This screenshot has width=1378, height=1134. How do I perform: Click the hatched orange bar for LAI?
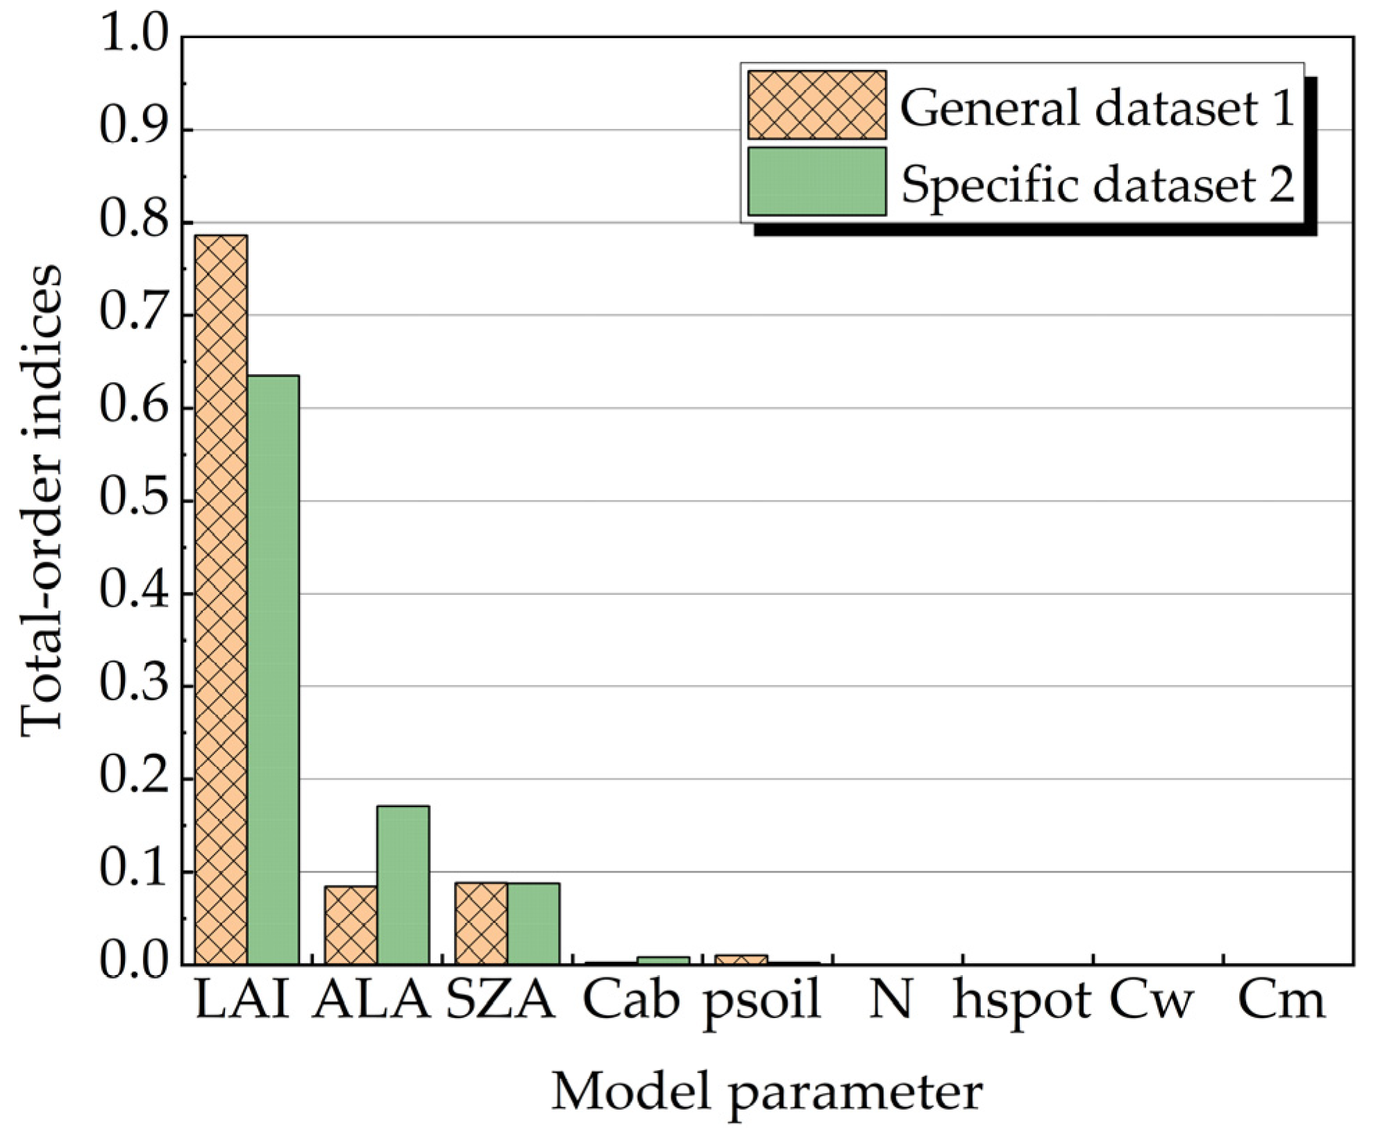pos(221,600)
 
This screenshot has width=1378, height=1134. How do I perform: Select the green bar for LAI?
pos(273,670)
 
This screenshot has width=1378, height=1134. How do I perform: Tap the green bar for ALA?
pos(403,885)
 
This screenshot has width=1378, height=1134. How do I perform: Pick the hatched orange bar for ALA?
pos(351,925)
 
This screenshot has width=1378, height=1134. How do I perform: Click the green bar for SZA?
pos(533,924)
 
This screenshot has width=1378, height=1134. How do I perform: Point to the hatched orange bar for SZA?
pos(481,924)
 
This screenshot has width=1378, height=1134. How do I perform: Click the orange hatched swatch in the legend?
pos(816,105)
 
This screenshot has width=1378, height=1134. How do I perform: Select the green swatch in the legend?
pos(816,181)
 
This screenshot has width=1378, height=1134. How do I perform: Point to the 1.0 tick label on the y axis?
pos(135,35)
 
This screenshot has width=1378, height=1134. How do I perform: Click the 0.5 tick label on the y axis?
pos(135,500)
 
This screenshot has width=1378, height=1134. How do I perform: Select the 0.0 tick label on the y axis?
pos(135,964)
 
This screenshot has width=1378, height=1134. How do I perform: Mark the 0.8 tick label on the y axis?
pos(135,222)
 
